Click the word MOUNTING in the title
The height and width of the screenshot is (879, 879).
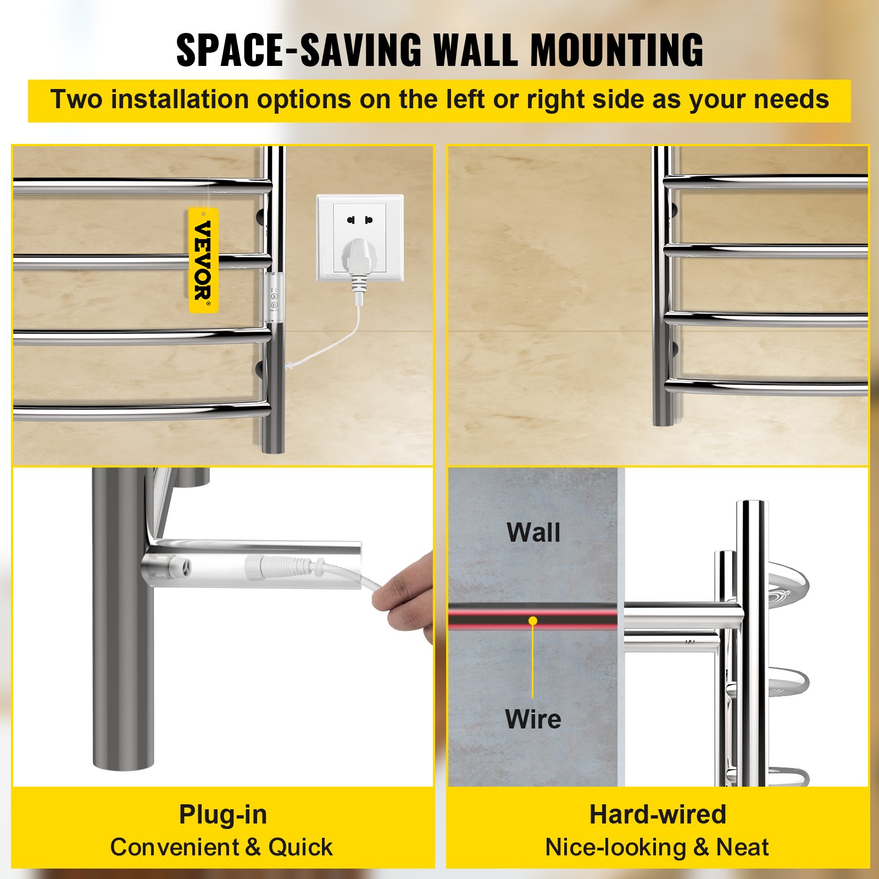click(616, 50)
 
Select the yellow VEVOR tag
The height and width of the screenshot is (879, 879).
click(204, 260)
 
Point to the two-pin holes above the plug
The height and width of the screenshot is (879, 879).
click(360, 220)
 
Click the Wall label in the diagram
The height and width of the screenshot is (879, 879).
click(533, 532)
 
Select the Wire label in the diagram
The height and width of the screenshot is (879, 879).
click(533, 719)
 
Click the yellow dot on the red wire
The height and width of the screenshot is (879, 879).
click(533, 621)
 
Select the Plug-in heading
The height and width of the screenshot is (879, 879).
click(223, 814)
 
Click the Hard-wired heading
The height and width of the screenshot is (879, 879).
click(658, 814)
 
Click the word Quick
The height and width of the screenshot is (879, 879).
click(300, 847)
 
